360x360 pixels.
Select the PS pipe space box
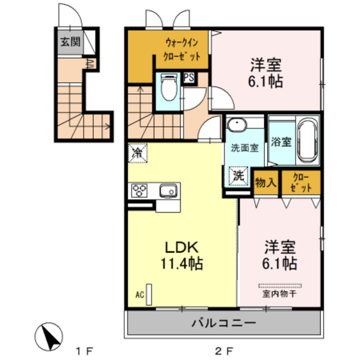[189, 78]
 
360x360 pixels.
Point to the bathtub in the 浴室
[307, 139]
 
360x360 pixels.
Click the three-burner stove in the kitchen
[139, 191]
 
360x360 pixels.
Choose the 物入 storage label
[265, 182]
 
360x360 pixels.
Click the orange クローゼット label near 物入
[299, 182]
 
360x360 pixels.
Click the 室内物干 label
[279, 293]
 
